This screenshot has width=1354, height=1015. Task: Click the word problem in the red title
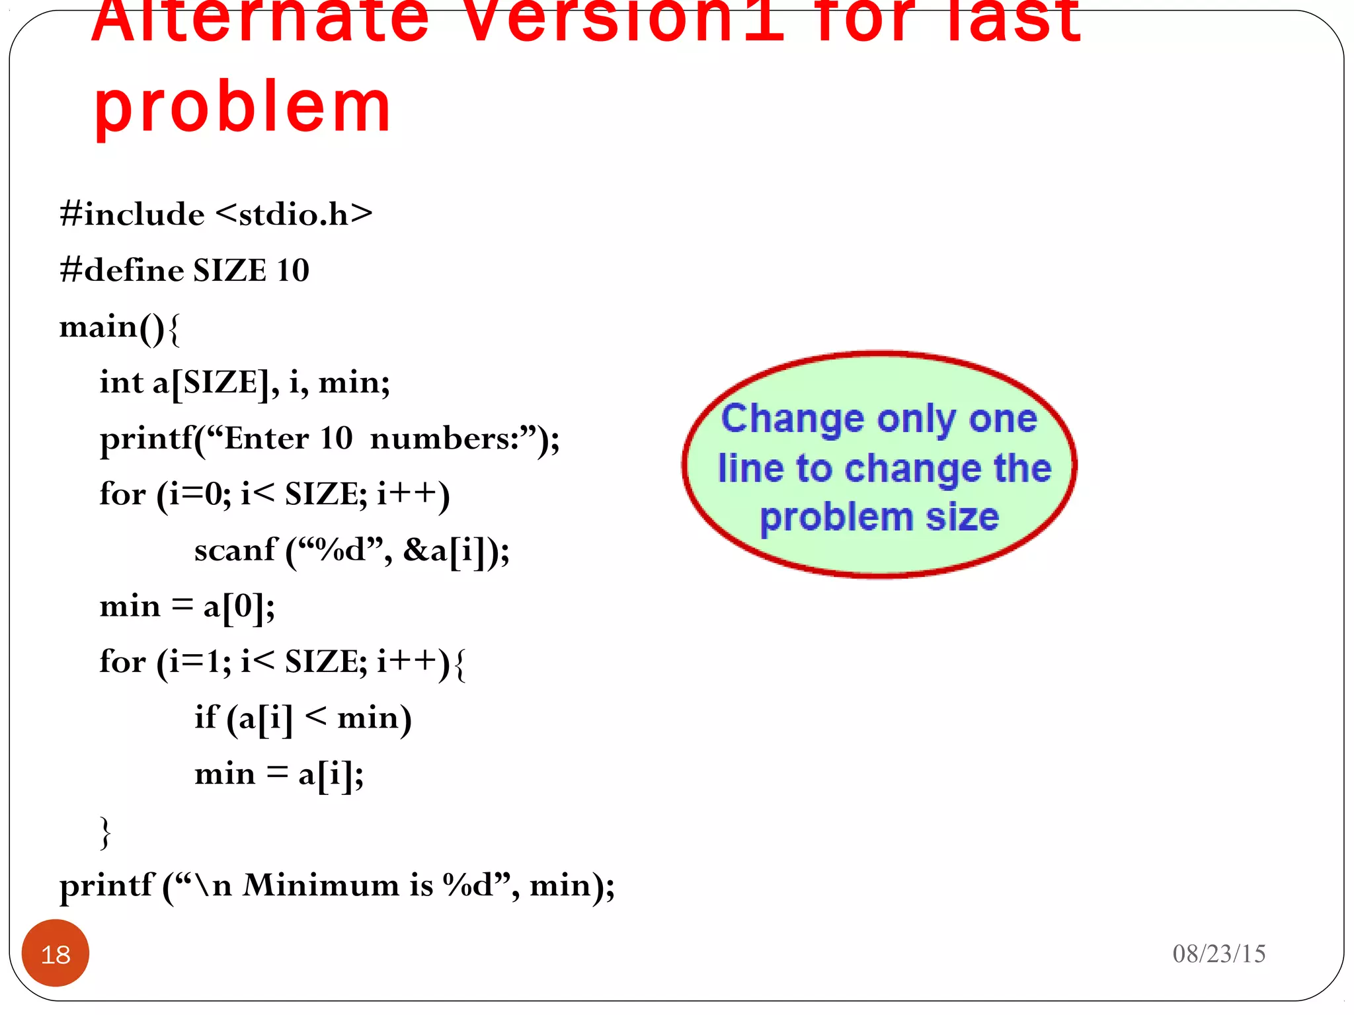point(243,107)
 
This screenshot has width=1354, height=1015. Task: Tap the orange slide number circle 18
point(56,954)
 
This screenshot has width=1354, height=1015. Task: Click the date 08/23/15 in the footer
point(1218,954)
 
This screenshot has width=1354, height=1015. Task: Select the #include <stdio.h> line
point(216,214)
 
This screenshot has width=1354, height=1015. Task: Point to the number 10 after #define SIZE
point(293,270)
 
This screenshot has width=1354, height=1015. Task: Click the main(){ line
point(120,327)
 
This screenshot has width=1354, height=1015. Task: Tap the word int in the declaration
point(122,382)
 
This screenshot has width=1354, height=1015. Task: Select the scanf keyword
point(235,550)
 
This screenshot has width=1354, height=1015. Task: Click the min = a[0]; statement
point(187,606)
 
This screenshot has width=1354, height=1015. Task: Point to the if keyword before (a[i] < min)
point(206,717)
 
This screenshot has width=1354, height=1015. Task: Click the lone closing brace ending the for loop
point(105,831)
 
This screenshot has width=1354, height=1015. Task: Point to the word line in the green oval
point(751,469)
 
